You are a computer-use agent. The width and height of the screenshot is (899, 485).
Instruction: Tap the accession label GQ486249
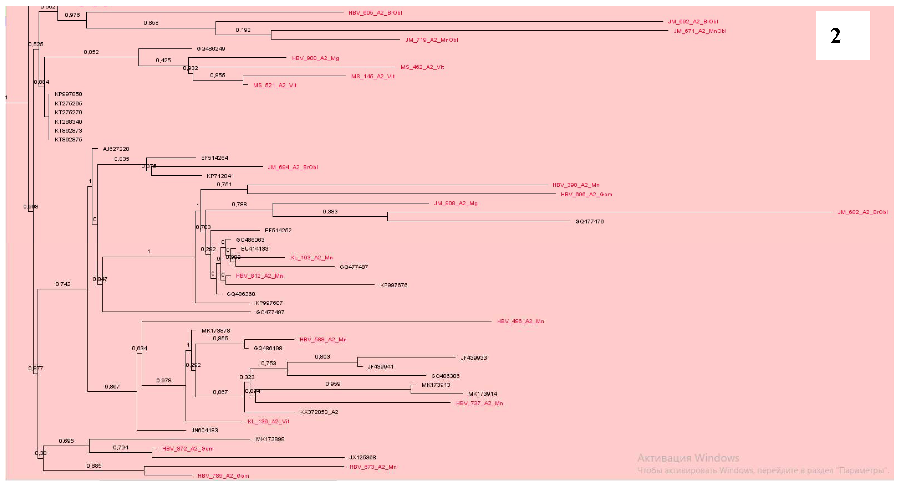click(211, 49)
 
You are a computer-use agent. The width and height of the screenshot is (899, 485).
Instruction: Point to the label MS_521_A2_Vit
click(275, 85)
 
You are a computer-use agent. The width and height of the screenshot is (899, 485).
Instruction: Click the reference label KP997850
click(68, 94)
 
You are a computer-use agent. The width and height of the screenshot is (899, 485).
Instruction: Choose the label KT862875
click(68, 140)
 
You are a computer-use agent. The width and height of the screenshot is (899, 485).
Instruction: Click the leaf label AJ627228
click(116, 149)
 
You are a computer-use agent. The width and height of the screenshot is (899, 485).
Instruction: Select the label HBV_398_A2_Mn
click(576, 185)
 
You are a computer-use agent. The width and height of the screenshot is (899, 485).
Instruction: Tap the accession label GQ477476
click(589, 221)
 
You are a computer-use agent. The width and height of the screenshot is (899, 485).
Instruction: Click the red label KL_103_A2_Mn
click(311, 258)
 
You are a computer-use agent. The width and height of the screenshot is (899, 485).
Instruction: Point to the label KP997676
click(394, 285)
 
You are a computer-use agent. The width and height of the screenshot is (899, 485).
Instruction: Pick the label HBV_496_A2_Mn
click(520, 321)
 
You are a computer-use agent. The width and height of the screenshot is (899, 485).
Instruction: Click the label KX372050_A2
click(319, 412)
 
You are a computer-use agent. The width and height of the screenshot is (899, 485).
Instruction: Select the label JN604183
click(205, 430)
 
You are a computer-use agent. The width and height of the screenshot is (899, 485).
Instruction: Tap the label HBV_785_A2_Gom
click(223, 476)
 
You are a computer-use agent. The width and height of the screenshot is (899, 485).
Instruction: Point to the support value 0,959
click(333, 384)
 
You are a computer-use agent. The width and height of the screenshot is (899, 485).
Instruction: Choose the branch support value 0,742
click(63, 284)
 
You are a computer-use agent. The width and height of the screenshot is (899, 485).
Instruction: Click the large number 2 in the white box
click(835, 36)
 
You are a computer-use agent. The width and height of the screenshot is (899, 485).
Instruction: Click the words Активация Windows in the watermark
click(688, 458)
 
